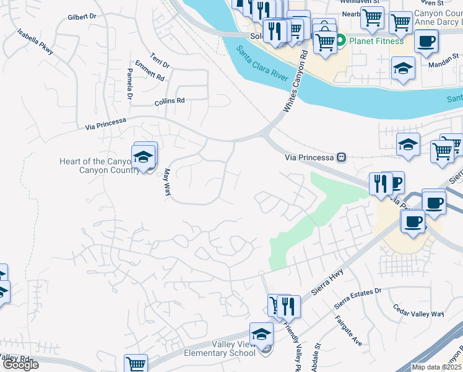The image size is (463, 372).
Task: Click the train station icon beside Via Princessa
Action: pyautogui.click(x=340, y=157)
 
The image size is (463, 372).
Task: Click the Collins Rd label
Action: pyautogui.click(x=170, y=100)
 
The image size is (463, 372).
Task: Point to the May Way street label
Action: pyautogui.click(x=167, y=183)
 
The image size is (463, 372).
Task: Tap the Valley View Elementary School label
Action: pyautogui.click(x=220, y=349)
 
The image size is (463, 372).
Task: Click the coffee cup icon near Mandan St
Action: pyautogui.click(x=426, y=42)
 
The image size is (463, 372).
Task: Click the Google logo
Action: pyautogui.click(x=20, y=365)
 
